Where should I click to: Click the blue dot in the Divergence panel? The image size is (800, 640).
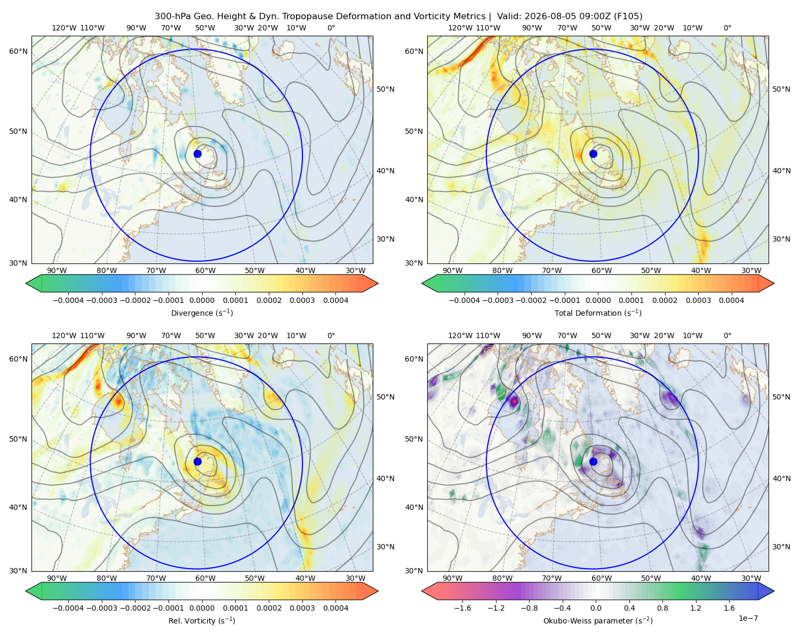[197, 154]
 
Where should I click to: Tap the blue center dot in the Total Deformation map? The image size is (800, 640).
[593, 154]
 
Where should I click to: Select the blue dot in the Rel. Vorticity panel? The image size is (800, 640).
[197, 461]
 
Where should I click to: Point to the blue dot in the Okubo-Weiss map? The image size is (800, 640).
[593, 461]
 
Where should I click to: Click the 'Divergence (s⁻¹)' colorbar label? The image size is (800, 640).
[202, 313]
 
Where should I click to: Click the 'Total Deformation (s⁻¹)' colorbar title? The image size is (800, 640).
[598, 313]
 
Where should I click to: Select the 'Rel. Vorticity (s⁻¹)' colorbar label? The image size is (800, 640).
[202, 620]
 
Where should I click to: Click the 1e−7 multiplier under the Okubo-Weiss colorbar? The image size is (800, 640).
[748, 618]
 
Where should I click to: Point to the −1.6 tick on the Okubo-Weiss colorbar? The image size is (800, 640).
[462, 607]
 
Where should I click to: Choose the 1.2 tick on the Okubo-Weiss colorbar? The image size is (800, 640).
[695, 607]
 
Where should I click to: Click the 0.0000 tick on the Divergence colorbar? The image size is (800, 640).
[202, 300]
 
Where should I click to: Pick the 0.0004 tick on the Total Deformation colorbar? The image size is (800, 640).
[731, 300]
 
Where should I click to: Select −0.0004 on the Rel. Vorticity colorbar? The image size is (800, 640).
[68, 607]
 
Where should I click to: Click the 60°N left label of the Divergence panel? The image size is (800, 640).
[18, 51]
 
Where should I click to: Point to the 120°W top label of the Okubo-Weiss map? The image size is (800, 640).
[460, 335]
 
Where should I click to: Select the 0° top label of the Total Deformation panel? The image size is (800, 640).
[727, 28]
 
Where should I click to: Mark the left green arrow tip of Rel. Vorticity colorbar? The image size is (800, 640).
[26, 591]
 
